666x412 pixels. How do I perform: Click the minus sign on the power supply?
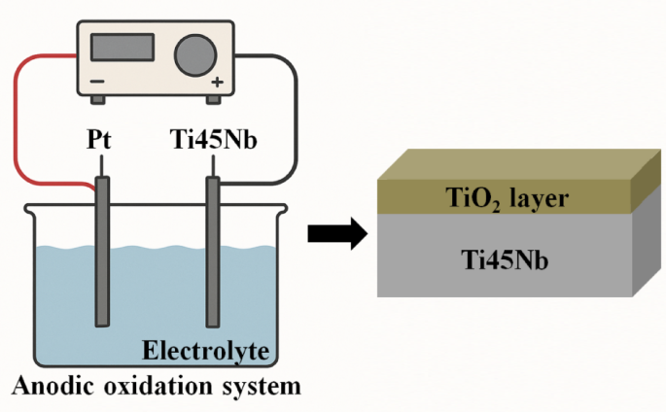pyautogui.click(x=96, y=83)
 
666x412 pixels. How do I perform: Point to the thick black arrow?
pyautogui.click(x=335, y=233)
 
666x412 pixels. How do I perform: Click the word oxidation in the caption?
pyautogui.click(x=148, y=387)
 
